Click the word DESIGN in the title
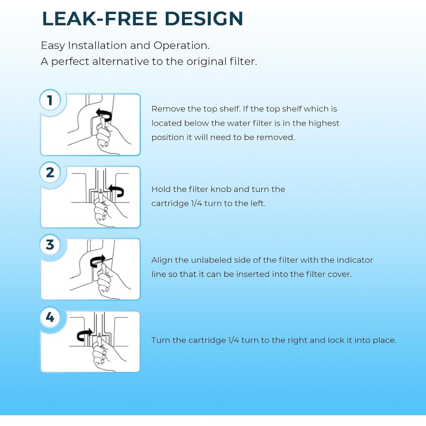[204, 19]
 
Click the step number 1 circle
[50, 100]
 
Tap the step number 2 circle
[50, 172]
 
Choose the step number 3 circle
[50, 245]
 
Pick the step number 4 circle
[50, 317]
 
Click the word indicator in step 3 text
[354, 260]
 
